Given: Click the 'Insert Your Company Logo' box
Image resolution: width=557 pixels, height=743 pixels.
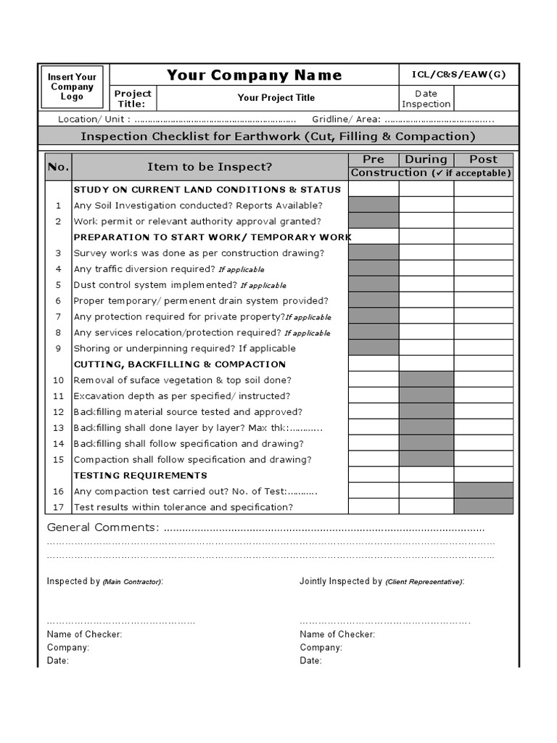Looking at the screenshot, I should [72, 87].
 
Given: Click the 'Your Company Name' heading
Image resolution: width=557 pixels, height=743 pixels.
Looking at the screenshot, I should [254, 75].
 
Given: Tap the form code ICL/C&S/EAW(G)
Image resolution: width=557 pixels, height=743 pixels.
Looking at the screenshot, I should [458, 75].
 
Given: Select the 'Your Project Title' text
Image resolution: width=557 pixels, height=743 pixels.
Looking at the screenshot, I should [276, 98].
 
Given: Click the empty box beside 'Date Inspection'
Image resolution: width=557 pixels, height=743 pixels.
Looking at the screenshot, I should [486, 99].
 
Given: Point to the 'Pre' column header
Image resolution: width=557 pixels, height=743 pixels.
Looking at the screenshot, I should [374, 160].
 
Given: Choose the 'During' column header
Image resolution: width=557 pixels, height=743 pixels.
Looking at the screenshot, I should [426, 160].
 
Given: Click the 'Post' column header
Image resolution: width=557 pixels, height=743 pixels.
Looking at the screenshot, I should [483, 160].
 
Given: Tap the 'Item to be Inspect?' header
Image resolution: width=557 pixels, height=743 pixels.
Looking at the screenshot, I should [210, 167].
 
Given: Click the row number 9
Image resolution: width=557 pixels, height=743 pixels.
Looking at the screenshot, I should [58, 348].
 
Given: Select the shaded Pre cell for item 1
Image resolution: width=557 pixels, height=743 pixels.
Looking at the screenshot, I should [374, 205].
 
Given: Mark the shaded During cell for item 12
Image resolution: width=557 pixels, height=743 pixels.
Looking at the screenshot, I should [426, 411].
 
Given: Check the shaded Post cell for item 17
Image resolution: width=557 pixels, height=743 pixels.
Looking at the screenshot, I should [484, 506].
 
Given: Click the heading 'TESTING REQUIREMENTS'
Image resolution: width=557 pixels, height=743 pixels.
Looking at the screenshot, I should [141, 475].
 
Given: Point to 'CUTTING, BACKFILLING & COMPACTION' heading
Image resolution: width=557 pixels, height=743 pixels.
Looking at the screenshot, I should [180, 364].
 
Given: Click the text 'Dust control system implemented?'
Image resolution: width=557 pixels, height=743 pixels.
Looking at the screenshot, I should [155, 285].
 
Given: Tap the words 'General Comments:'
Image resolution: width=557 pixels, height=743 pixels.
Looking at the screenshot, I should [102, 528].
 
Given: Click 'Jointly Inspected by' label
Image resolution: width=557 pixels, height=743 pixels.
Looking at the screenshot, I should [341, 581].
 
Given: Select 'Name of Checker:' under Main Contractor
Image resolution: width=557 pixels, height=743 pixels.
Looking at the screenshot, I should [84, 634].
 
